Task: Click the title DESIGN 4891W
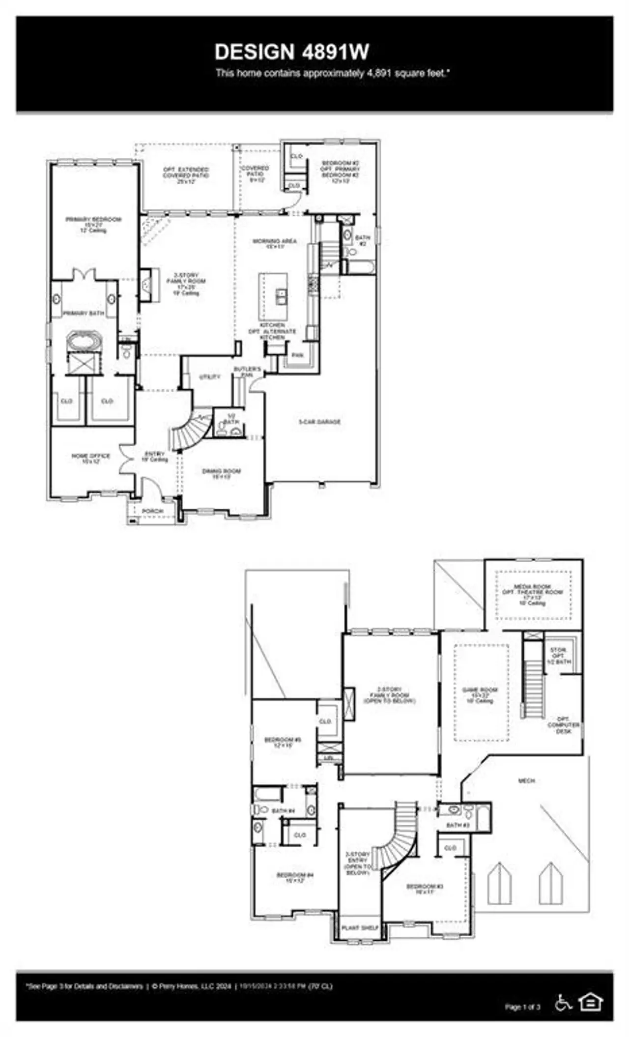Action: click(x=292, y=52)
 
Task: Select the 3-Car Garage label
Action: click(x=319, y=422)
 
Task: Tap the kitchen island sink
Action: click(x=281, y=296)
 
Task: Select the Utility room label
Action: click(x=210, y=377)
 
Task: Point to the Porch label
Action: click(x=152, y=511)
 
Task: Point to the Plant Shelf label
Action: click(x=360, y=927)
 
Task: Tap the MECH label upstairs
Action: click(x=526, y=780)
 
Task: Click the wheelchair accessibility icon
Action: click(x=563, y=1002)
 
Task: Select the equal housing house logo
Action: click(x=591, y=1001)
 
